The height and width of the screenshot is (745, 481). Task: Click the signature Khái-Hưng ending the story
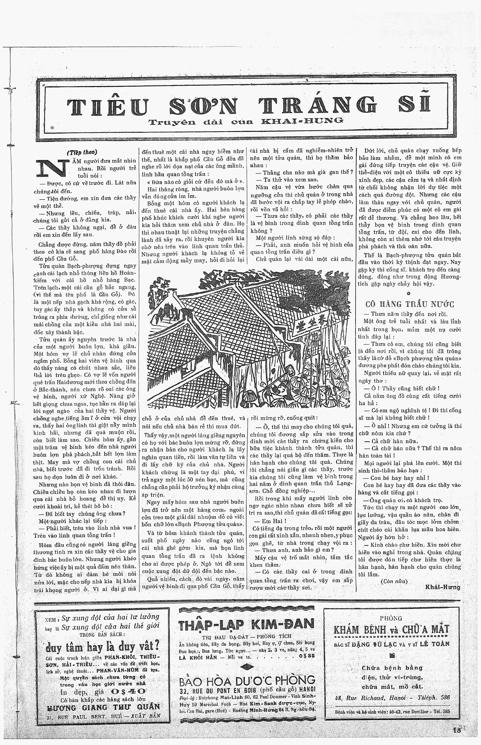(443, 587)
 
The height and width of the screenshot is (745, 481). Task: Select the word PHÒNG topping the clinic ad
(391, 618)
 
